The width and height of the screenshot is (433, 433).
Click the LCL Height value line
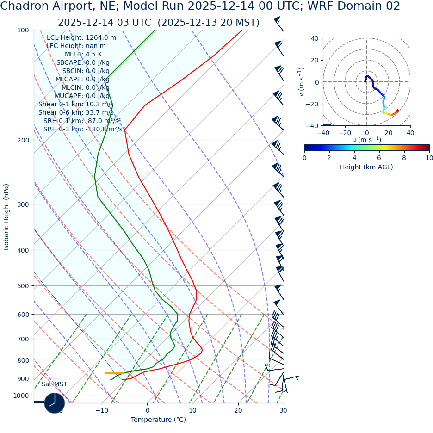pos(81,38)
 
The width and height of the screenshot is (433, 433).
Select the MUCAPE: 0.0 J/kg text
pos(82,96)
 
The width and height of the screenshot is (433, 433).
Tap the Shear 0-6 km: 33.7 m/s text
pos(76,113)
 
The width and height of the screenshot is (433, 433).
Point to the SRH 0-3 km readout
pos(84,130)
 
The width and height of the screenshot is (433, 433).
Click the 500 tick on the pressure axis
pos(24,286)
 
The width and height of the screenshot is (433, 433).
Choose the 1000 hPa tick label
pos(21,396)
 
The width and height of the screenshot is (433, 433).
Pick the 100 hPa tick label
pos(24,31)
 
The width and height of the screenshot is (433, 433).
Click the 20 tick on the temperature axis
pos(238,410)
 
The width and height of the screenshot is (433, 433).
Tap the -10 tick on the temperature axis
pos(102,410)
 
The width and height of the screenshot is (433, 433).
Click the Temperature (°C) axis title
pos(158,420)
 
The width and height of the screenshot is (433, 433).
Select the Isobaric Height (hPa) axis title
pos(6,217)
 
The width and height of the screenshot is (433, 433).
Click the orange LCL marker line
pos(115,373)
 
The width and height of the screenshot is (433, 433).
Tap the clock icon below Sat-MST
pos(55,403)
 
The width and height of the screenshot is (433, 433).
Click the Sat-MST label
pos(55,384)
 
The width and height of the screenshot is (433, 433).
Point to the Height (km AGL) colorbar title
pos(366,167)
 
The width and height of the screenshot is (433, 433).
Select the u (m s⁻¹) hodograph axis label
pos(366,140)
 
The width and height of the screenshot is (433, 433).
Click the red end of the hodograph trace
pos(397,110)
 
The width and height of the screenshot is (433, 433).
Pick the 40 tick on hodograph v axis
pos(314,39)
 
